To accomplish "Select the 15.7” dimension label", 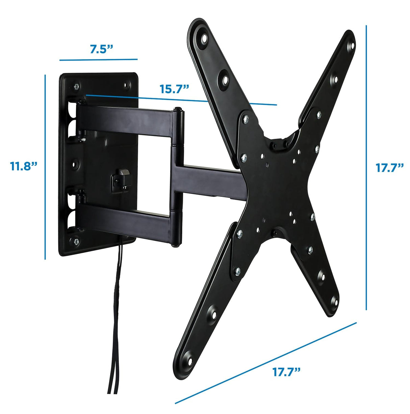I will (x=174, y=89).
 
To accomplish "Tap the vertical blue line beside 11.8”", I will (x=45, y=167).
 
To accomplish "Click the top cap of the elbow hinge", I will (x=177, y=110).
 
